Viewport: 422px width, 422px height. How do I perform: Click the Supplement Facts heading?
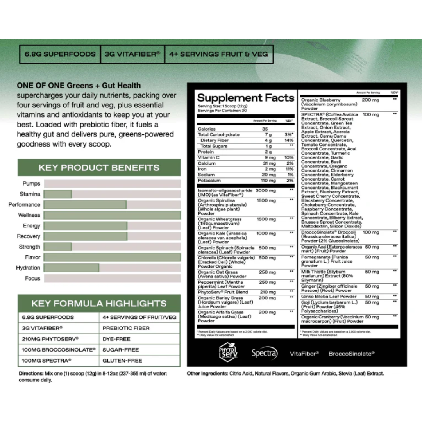pos(245,98)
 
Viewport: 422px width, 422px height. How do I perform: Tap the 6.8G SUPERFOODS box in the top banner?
pos(60,54)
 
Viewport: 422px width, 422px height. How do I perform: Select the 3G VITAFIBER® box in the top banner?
pos(132,54)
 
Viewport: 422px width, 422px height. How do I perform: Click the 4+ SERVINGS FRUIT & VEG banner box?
pos(218,54)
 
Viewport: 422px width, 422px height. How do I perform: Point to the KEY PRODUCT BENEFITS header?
pos(99,168)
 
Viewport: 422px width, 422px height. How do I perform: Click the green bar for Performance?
pos(85,205)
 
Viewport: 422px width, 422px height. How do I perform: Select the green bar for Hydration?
pos(71,268)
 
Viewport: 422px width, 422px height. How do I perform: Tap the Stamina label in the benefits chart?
pos(30,194)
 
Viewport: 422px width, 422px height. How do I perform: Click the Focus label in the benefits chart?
pos(32,279)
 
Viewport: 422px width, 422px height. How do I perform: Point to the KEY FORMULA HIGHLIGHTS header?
pos(99,304)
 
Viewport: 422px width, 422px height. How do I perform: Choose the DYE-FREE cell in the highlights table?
pos(116,339)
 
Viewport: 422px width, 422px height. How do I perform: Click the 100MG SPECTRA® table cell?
pos(47,361)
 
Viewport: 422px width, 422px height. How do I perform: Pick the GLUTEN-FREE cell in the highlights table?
pos(122,361)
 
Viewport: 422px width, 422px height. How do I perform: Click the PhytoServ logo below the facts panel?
pos(228,352)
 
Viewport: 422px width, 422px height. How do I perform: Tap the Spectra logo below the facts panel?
pos(264,353)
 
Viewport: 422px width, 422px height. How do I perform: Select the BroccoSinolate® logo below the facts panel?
pos(351,354)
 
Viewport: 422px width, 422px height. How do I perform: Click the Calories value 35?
pos(265,129)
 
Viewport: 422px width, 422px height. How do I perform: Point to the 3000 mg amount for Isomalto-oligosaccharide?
pos(266,191)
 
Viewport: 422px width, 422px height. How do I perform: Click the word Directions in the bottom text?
pos(31,374)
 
